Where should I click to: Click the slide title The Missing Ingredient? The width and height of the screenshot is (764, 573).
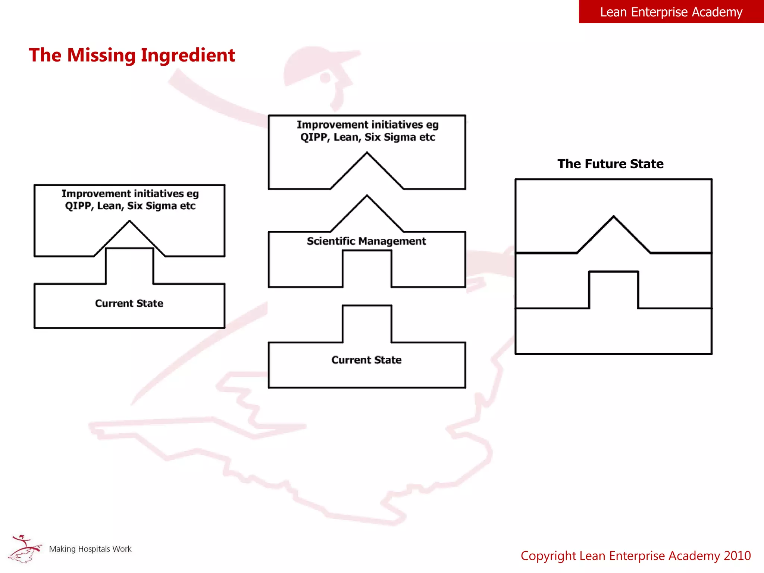point(132,55)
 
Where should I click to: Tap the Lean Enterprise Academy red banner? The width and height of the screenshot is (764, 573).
point(671,12)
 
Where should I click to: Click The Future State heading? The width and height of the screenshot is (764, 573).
point(610,164)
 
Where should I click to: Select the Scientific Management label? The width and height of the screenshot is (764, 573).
point(366,241)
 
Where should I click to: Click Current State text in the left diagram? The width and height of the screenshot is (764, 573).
point(129,303)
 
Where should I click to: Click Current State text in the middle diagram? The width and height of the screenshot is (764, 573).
point(366,360)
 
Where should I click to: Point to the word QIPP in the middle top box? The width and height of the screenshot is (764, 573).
point(314,137)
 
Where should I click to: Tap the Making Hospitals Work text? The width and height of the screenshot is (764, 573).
point(90,549)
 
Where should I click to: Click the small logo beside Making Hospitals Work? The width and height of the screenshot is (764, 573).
point(25,549)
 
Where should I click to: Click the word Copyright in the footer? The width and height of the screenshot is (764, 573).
point(548,556)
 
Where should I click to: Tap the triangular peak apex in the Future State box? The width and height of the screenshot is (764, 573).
point(614,217)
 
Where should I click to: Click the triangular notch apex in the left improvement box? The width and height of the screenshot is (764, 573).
point(129,222)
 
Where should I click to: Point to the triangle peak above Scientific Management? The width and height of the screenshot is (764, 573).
point(367,196)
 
